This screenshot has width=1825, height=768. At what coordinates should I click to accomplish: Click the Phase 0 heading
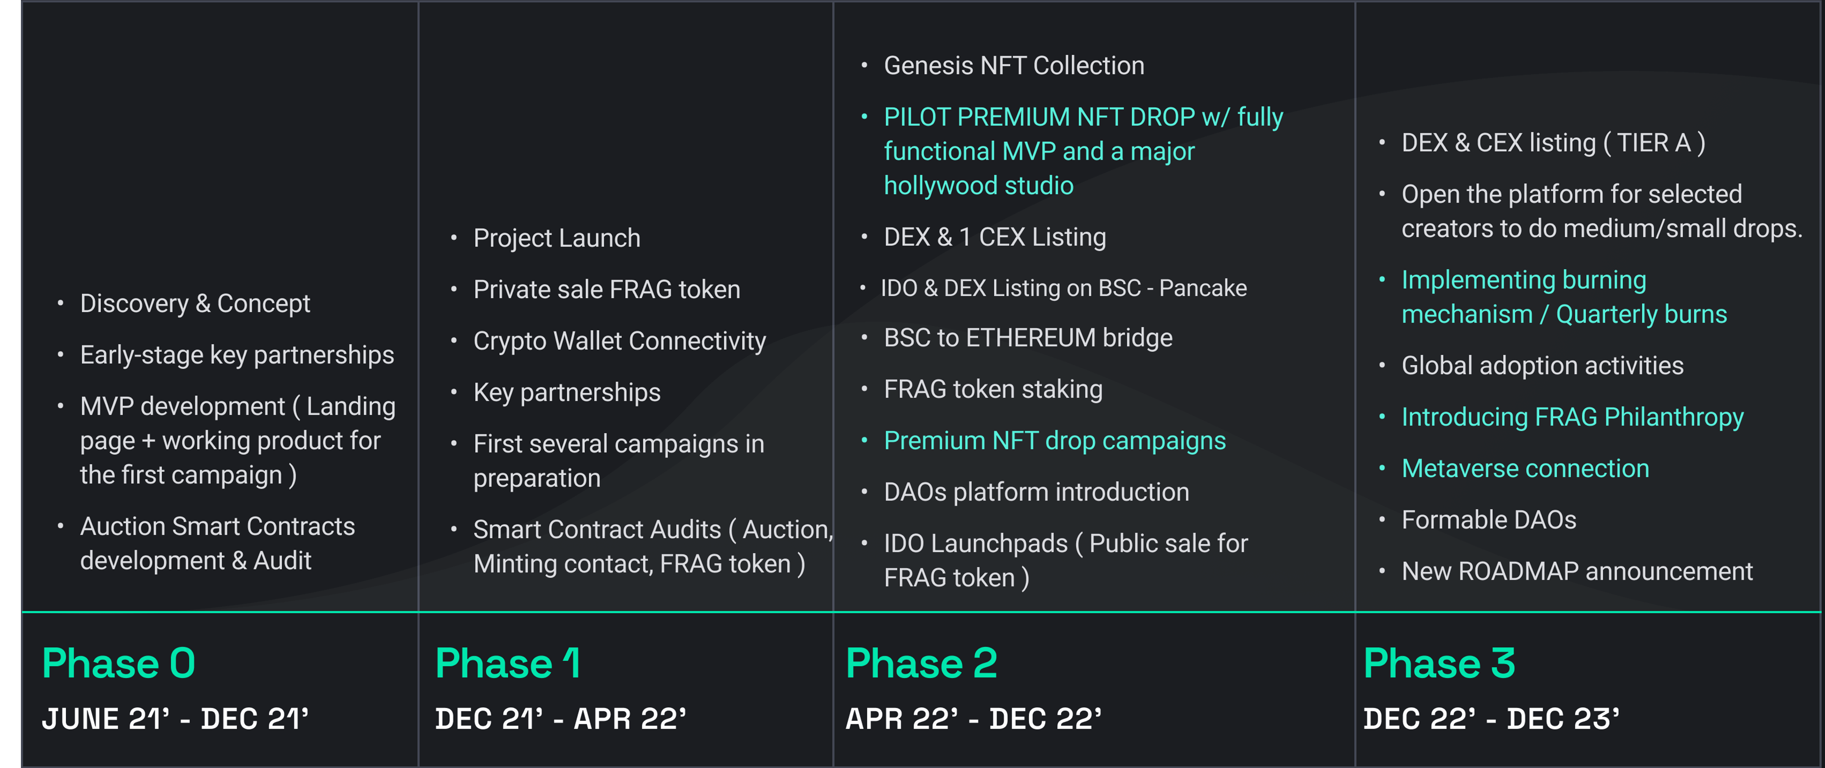pos(118,664)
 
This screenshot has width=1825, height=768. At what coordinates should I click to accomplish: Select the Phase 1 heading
pos(508,664)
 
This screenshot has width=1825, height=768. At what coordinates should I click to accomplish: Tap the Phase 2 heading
pos(922,664)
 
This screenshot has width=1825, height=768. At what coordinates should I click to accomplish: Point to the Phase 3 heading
pos(1439,664)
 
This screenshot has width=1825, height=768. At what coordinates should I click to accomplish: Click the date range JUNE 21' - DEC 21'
pos(176,719)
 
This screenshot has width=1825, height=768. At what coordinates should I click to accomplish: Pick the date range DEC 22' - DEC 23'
pos(1491,719)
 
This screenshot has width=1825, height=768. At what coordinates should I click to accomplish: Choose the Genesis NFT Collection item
pos(1014,66)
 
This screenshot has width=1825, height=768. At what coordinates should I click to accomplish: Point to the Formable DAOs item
pos(1489,520)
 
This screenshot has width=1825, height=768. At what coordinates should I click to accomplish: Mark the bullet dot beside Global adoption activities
pos(1381,366)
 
